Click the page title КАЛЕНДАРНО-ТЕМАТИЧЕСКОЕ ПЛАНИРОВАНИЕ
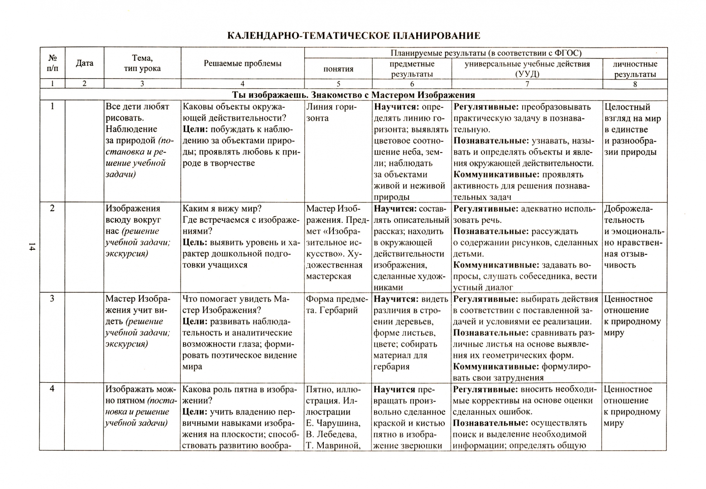pos(353,36)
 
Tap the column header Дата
pos(84,63)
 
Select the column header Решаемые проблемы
pos(242,63)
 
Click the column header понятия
pos(338,69)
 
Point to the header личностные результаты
pos(635,69)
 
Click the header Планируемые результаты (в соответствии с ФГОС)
pos(486,53)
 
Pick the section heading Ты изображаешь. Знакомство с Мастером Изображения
pos(353,95)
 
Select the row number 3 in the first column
pos(52,299)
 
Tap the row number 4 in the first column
pos(52,389)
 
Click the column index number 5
pos(338,84)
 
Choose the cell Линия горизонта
pos(331,112)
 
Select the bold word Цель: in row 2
pos(195,243)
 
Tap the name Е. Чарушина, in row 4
pos(333,423)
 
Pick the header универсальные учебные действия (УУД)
pos(527,69)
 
